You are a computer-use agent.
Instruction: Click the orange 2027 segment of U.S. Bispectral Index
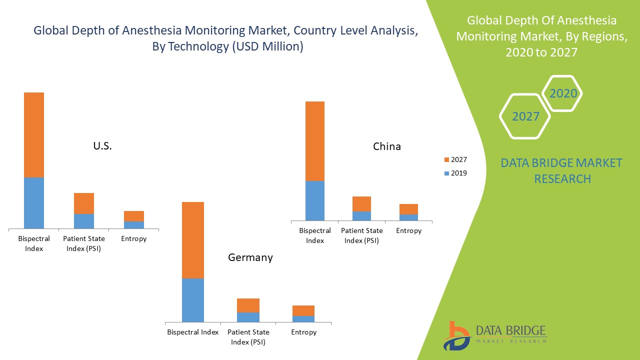[x=34, y=135]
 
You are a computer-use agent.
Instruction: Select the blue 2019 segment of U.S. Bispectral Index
[x=34, y=203]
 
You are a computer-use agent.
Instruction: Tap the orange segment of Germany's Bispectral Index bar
[x=192, y=240]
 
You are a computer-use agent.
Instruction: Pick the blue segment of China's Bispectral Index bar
[x=315, y=200]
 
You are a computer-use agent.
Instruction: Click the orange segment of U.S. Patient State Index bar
[x=84, y=203]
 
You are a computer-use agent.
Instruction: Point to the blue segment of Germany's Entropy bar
[x=303, y=319]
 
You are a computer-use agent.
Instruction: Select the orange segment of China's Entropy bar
[x=408, y=209]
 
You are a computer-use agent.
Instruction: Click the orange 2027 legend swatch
[x=446, y=160]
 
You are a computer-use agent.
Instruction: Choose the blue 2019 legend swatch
[x=446, y=173]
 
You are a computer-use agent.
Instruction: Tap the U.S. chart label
[x=102, y=146]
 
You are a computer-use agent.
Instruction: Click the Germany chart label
[x=250, y=257]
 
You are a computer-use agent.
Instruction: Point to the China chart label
[x=387, y=146]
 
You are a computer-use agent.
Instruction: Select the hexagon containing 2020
[x=563, y=93]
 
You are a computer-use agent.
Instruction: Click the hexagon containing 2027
[x=525, y=116]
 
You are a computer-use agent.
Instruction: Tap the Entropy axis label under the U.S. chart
[x=134, y=239]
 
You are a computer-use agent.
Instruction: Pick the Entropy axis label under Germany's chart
[x=303, y=332]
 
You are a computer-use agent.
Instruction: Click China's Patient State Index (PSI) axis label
[x=361, y=235]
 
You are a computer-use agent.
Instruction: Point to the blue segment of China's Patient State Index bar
[x=361, y=216]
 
